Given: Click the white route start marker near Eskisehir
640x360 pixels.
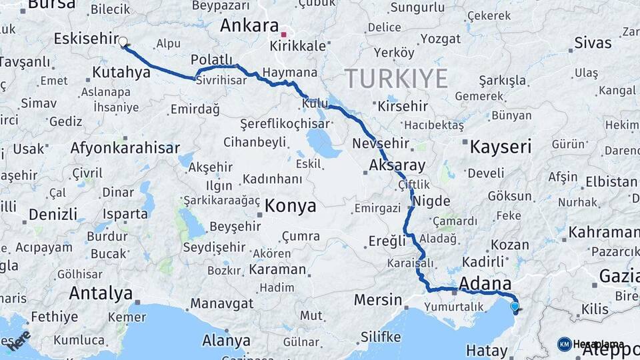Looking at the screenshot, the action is click(x=123, y=41).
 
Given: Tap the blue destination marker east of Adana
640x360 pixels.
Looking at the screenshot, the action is click(x=514, y=307).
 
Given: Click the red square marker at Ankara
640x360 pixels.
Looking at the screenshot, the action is click(x=284, y=34).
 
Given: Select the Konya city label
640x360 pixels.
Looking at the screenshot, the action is click(x=290, y=206).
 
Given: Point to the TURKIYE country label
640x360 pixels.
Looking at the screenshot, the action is click(x=396, y=79).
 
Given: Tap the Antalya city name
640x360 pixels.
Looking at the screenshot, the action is click(x=101, y=293).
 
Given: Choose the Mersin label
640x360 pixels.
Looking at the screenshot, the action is click(x=378, y=299).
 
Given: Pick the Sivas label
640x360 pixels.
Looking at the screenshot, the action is click(x=593, y=43).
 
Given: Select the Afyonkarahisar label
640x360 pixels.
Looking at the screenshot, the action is click(x=125, y=148).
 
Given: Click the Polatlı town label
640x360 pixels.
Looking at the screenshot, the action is click(x=211, y=59).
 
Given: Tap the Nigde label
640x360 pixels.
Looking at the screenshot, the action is click(x=431, y=201).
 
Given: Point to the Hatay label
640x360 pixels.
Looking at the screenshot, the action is click(x=487, y=350).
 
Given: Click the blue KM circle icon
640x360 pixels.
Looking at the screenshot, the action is click(x=564, y=344).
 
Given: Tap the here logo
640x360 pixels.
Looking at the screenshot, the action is click(x=19, y=339).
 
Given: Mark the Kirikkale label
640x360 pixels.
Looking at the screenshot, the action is click(x=298, y=46).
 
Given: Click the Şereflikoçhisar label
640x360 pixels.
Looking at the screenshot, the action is click(x=286, y=124).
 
